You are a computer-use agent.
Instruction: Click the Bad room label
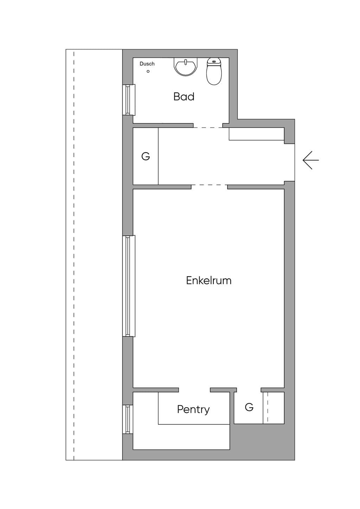pos(184,97)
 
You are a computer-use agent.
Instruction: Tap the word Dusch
pos(147,64)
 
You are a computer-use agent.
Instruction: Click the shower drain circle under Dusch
pos(148,71)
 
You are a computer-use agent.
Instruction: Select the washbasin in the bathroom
pos(186,66)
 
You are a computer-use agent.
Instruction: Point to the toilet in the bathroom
pos(214,71)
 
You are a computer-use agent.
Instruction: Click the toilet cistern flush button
pos(214,62)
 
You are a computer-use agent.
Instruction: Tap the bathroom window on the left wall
pos(129,100)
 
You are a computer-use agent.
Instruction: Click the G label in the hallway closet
pos(146,156)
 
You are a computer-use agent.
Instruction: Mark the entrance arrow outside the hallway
pos(311,160)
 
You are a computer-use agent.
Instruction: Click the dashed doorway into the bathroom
pos(208,128)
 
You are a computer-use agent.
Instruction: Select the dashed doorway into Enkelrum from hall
pos(209,185)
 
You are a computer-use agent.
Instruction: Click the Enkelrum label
pos(208,281)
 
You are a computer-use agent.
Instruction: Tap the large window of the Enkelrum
pos(129,286)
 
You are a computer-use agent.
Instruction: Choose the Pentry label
pos(193,410)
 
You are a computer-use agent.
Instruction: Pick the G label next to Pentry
pos(249,407)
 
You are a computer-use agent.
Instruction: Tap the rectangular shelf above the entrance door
pos(257,134)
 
